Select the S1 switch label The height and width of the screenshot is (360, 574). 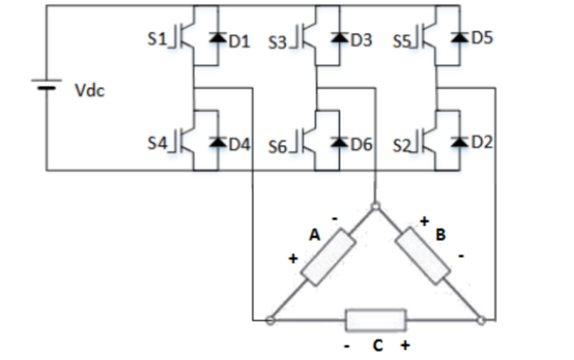(156, 40)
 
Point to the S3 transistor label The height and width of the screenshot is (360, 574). (277, 41)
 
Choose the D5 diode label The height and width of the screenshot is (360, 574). (482, 38)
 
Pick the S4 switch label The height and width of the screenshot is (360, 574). (156, 143)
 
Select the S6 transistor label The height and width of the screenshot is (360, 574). (277, 145)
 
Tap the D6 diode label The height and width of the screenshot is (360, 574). (362, 143)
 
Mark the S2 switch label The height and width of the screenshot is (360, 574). (402, 145)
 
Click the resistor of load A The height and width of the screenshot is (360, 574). (328, 257)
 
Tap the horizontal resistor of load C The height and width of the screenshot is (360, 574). (376, 321)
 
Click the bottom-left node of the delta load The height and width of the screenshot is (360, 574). (270, 321)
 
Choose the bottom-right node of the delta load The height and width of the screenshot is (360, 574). (481, 321)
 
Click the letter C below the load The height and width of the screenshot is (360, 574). (377, 345)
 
